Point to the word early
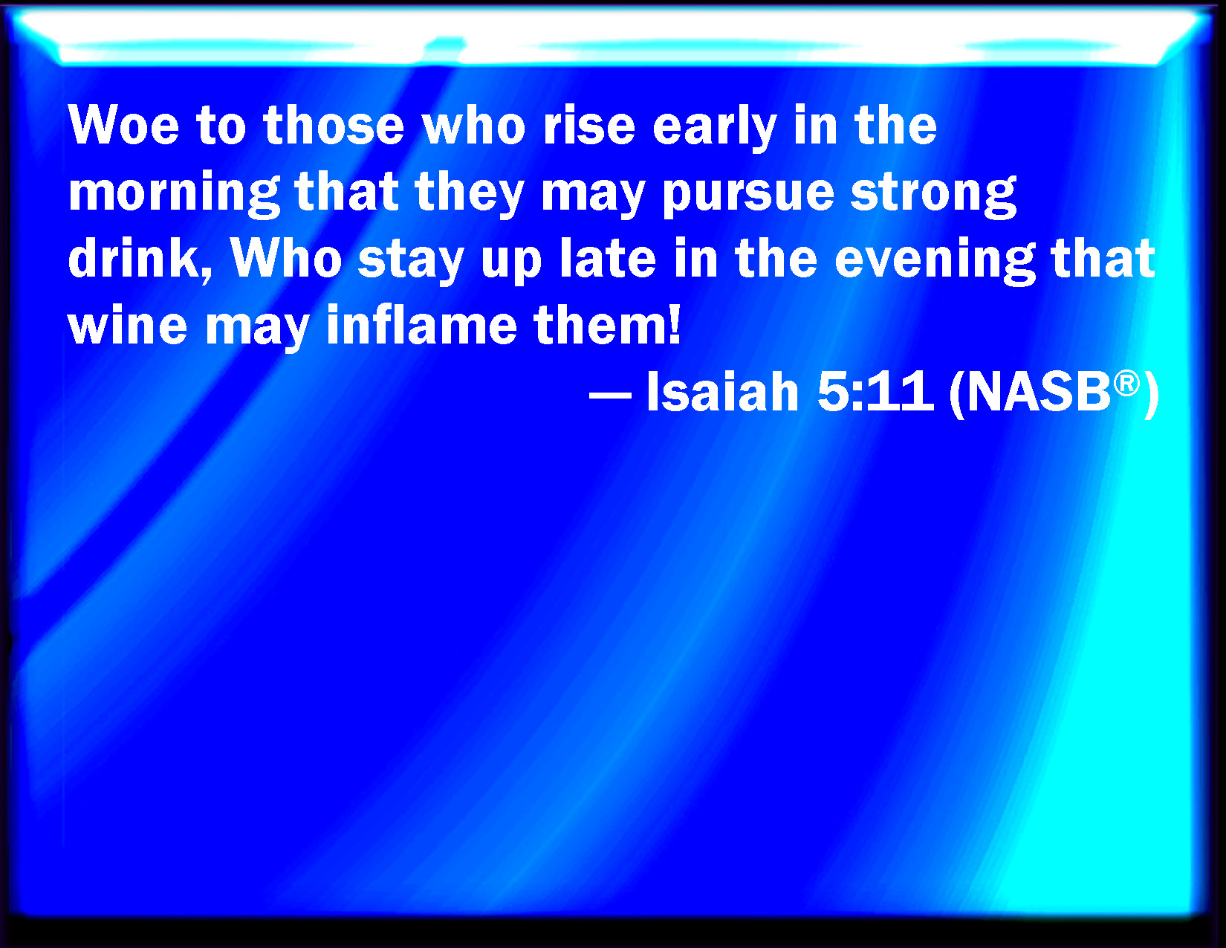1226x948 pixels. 715,128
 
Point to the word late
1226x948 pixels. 609,257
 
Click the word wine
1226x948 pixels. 128,326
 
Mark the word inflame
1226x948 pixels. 421,324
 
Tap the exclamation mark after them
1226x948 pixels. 674,324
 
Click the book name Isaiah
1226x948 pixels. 722,392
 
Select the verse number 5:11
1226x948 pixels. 875,393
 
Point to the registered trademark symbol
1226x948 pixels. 1126,384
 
